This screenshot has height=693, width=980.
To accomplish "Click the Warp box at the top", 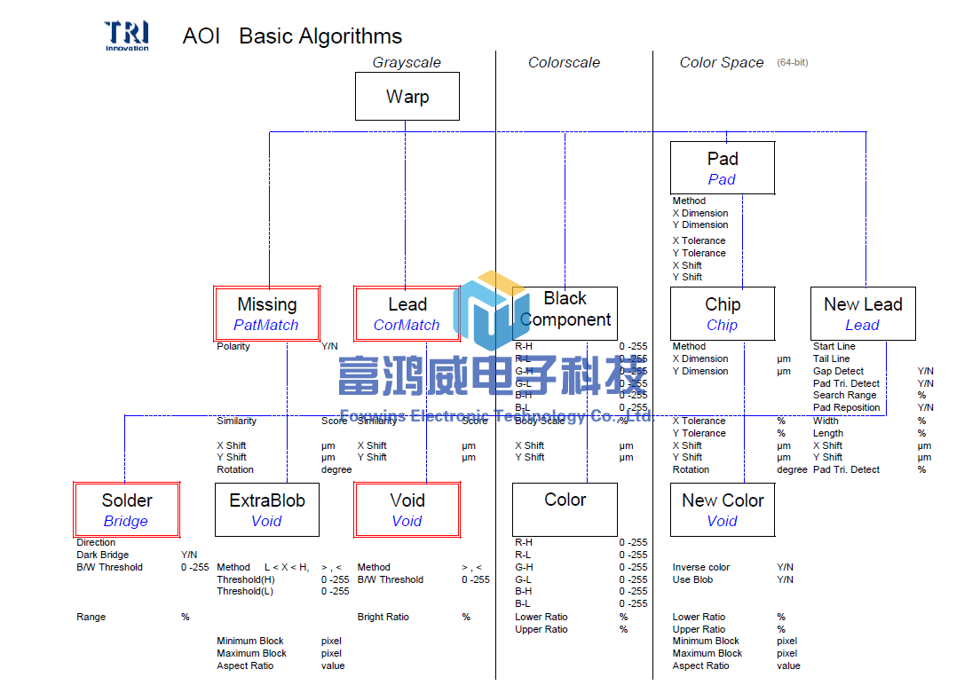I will pyautogui.click(x=407, y=97).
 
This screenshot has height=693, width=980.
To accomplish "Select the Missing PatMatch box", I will pyautogui.click(x=267, y=314).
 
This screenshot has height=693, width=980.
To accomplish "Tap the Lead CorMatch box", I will pyautogui.click(x=407, y=314).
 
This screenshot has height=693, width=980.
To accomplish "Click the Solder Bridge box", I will pyautogui.click(x=127, y=510).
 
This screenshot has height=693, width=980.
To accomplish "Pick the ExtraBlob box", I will pyautogui.click(x=267, y=510).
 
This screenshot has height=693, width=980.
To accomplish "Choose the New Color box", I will pyautogui.click(x=723, y=510).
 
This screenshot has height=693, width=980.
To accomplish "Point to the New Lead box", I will pyautogui.click(x=863, y=314).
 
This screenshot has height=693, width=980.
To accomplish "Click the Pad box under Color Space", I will pyautogui.click(x=723, y=168).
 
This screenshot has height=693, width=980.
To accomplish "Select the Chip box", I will pyautogui.click(x=723, y=314).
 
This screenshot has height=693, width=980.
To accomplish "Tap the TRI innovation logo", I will pyautogui.click(x=127, y=35).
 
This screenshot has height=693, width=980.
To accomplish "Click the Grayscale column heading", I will pyautogui.click(x=407, y=63).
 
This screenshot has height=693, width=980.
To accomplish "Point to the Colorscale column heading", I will pyautogui.click(x=564, y=63).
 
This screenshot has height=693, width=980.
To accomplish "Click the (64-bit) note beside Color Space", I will pyautogui.click(x=792, y=63).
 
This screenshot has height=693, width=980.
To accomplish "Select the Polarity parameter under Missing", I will pyautogui.click(x=233, y=347).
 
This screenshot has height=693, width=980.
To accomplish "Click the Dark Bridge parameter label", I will pyautogui.click(x=103, y=555).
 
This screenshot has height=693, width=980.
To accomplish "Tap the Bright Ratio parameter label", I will pyautogui.click(x=384, y=617).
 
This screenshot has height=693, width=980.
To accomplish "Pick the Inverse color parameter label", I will pyautogui.click(x=701, y=567).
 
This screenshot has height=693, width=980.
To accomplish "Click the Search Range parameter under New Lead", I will pyautogui.click(x=844, y=396).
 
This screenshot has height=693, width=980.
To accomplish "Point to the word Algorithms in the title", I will pyautogui.click(x=347, y=36).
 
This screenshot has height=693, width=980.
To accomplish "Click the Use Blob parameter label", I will pyautogui.click(x=693, y=579).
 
